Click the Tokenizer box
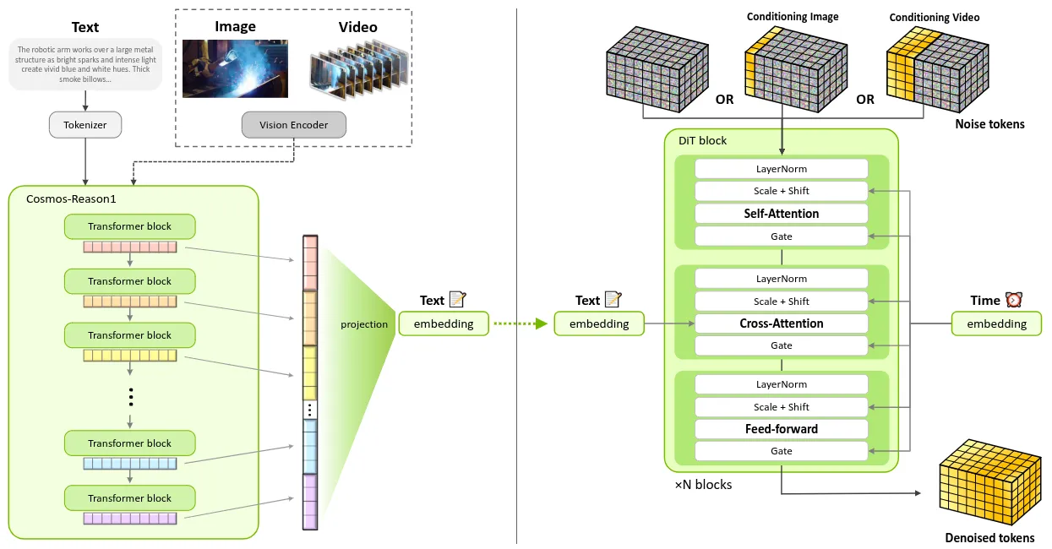(84, 125)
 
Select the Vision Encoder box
(293, 125)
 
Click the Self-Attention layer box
(781, 214)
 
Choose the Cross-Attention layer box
(781, 323)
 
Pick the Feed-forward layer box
(781, 429)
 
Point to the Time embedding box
(996, 323)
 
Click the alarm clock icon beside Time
(1014, 300)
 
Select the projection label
(364, 324)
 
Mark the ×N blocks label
(703, 485)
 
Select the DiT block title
(702, 140)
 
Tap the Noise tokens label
(989, 124)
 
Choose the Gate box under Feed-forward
(781, 451)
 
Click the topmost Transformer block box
(129, 226)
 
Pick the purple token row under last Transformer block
(129, 518)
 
